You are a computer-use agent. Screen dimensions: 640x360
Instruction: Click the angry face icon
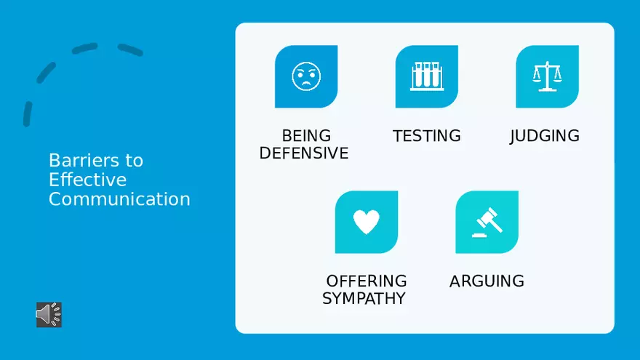pos(306,76)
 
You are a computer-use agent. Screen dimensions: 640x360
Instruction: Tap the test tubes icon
pos(426,76)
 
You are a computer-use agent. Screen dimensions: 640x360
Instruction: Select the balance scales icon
pos(547,76)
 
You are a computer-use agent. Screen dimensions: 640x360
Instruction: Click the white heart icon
pos(366,222)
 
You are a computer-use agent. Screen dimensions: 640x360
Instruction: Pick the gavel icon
pos(487,222)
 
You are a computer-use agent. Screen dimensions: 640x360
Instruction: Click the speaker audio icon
pos(49,314)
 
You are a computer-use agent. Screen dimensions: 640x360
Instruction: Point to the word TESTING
pos(426,136)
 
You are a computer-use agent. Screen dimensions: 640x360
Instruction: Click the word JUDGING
pos(545,136)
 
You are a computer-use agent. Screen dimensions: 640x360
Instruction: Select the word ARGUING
pos(487,281)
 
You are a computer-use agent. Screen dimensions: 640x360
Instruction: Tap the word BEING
pos(306,136)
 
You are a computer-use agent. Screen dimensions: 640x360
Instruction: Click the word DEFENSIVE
pos(304,153)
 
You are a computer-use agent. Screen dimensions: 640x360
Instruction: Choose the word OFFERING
pos(366,281)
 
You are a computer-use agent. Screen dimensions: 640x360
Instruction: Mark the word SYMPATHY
pos(364,299)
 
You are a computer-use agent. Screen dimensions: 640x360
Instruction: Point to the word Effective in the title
pos(88,180)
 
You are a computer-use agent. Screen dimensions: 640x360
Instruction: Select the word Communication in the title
pos(119,199)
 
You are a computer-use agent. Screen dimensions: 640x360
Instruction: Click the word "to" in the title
pos(135,161)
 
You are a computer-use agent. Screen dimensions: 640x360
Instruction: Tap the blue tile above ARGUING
pos(487,222)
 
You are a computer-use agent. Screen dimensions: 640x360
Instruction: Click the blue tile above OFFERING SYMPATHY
pos(367,222)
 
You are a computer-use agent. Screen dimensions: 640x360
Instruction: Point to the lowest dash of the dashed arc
pos(28,114)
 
